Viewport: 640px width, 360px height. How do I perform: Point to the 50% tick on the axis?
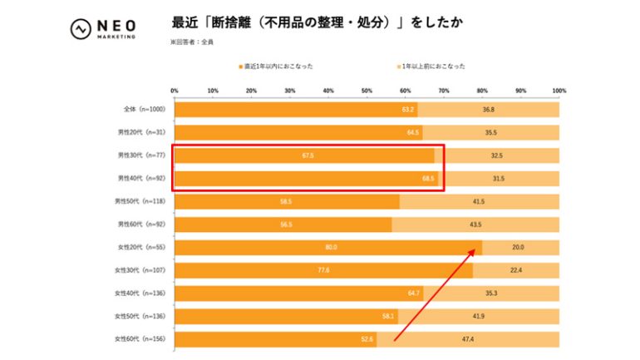[x=367, y=91]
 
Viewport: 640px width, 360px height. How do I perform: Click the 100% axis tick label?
[x=559, y=91]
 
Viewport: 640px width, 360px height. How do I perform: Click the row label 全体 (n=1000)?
[x=143, y=110]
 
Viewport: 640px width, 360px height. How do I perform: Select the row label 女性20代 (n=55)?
[x=143, y=247]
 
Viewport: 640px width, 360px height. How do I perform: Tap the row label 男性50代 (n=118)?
[x=142, y=201]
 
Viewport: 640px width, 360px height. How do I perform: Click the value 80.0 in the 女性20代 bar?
[x=331, y=247]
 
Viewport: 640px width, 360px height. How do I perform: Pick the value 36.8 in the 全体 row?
[x=488, y=110]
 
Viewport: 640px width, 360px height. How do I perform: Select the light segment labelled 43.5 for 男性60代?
[x=475, y=224]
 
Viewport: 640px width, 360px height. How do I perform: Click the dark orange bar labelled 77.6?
[x=322, y=270]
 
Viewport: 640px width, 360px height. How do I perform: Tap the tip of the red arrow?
[x=481, y=244]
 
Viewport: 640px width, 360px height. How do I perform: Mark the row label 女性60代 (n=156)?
[x=142, y=339]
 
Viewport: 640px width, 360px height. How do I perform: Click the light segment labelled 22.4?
[x=515, y=270]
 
